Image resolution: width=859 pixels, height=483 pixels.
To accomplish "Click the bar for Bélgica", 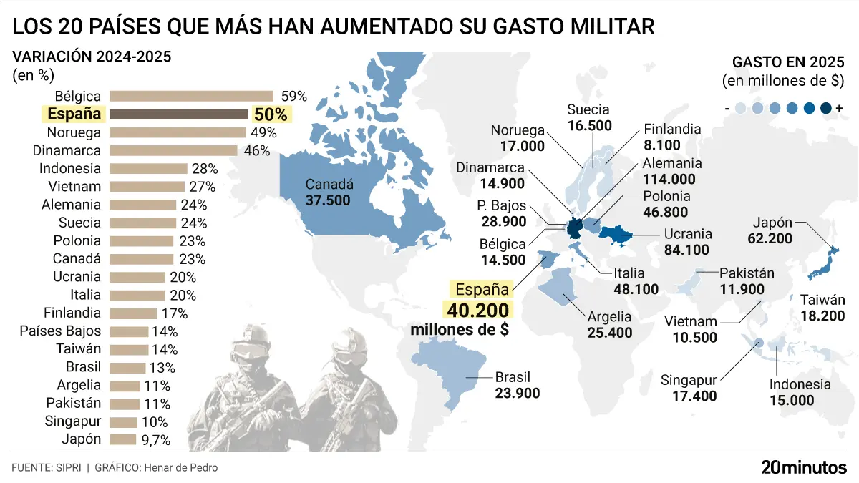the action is (191, 96).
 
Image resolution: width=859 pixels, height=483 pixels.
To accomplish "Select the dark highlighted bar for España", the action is (179, 114).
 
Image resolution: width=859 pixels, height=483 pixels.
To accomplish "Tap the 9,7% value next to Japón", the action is (156, 440).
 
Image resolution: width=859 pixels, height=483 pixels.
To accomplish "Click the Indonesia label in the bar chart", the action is (70, 168).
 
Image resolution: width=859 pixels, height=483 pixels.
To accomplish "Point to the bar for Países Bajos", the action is (129, 331).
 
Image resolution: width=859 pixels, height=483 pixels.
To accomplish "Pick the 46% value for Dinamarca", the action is (257, 151).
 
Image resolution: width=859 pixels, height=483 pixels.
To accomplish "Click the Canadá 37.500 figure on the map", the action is (328, 200).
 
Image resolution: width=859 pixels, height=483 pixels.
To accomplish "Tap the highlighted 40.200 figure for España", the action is (478, 310).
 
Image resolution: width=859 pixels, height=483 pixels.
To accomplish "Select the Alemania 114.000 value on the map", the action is (669, 180).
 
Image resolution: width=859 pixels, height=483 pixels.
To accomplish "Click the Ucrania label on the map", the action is (688, 234).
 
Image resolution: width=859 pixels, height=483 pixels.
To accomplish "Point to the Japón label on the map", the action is (772, 223).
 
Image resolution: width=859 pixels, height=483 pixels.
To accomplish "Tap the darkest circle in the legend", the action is (825, 109).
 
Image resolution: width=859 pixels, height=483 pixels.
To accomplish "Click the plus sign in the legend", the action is (840, 109).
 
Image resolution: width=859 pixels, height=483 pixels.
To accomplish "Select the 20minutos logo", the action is (804, 467).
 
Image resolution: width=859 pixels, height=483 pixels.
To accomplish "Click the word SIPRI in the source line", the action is (68, 468).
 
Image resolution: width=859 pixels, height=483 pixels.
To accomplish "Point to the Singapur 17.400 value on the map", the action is (694, 396).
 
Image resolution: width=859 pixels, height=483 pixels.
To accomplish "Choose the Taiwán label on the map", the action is (822, 300).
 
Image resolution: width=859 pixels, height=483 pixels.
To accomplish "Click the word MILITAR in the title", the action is (613, 26).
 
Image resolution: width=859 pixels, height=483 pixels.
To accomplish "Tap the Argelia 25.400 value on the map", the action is (610, 333).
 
